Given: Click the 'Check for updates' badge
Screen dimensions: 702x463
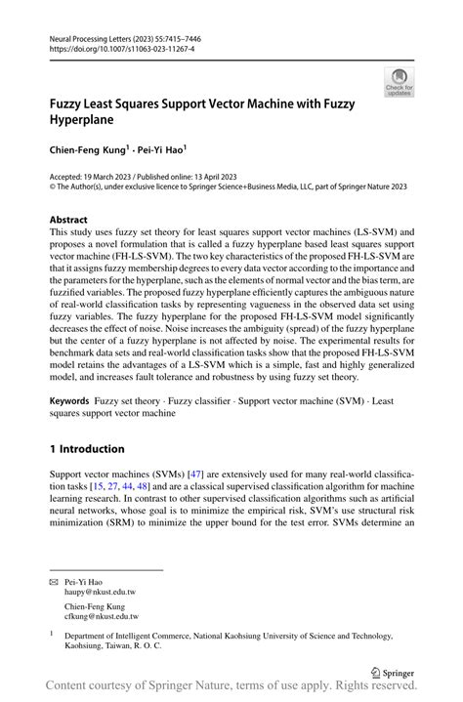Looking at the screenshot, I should coord(398,82).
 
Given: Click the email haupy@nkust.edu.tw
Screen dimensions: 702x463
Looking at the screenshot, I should coord(102,592).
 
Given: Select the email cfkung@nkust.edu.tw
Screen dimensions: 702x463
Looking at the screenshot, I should coord(102,617).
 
